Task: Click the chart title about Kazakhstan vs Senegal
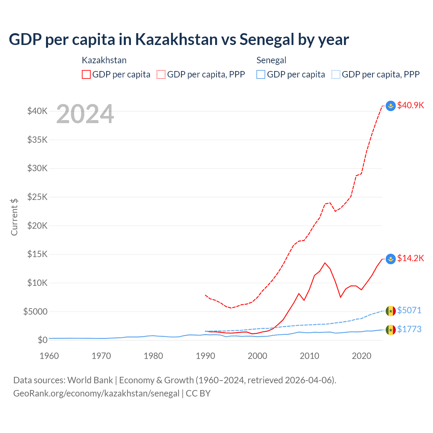[x=179, y=40]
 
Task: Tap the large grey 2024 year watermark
[x=85, y=114]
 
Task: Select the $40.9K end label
[x=410, y=105]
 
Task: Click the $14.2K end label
[x=410, y=258]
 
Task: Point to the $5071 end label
[x=409, y=310]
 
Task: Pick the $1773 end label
[x=409, y=329]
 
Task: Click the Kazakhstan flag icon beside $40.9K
[x=391, y=106]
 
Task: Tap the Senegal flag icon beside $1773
[x=391, y=330]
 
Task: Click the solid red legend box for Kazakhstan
[x=86, y=74]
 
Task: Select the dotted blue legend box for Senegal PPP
[x=336, y=74]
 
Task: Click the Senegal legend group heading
[x=271, y=60]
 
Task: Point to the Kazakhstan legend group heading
[x=104, y=60]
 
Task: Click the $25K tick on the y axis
[x=37, y=197]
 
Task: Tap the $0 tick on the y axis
[x=42, y=340]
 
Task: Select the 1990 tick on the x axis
[x=205, y=356]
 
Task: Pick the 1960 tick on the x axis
[x=49, y=356]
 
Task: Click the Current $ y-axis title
[x=14, y=217]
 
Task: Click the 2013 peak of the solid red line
[x=325, y=263]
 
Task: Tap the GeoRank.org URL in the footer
[x=96, y=393]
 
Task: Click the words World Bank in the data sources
[x=90, y=380]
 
